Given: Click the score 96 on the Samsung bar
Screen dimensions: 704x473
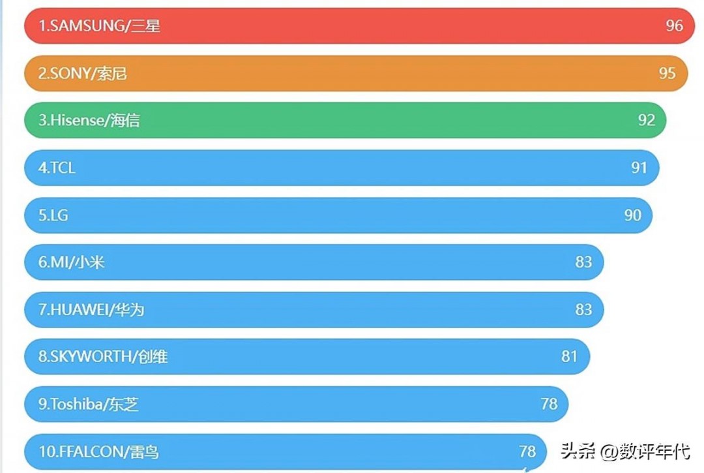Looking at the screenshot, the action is tap(675, 25).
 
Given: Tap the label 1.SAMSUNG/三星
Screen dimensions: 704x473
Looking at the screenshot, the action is tap(99, 26).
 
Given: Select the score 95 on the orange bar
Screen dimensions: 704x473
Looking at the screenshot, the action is tap(667, 73).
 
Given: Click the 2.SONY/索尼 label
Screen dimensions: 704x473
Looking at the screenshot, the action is tap(83, 73).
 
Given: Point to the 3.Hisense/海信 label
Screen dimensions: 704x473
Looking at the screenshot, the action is tap(89, 121).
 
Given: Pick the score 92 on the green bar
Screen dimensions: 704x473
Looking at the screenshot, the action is tap(647, 120).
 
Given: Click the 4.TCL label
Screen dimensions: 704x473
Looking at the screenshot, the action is tap(57, 168).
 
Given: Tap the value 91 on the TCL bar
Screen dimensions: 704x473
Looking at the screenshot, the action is tap(639, 168).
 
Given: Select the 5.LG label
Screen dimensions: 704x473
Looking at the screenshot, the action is tap(53, 215).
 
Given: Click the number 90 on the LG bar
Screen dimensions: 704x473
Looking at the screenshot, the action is tap(632, 215).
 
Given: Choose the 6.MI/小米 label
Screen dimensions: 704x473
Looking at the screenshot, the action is tap(72, 262).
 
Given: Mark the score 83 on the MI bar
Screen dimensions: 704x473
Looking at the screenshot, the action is tap(583, 262).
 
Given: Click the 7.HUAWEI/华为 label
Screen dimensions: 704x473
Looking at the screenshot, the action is tap(91, 310).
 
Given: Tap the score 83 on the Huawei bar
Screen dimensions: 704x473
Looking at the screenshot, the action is tap(583, 309).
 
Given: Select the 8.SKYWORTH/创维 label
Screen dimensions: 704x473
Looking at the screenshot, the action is tap(103, 357).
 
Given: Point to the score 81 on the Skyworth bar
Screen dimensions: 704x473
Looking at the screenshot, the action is tap(569, 356).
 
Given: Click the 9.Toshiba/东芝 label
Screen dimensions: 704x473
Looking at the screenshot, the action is tap(89, 404).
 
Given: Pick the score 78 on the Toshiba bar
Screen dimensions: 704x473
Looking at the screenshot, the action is tap(549, 404).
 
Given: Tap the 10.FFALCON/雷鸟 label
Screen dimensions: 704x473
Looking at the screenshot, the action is tap(99, 451).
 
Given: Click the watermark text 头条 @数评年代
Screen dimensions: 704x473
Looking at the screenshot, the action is tap(625, 451).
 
